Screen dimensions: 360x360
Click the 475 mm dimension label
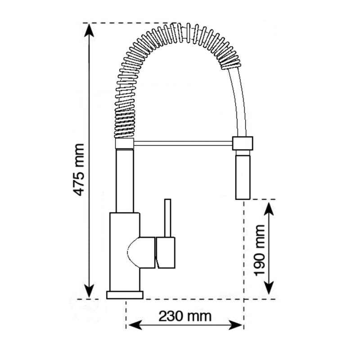point(78,170)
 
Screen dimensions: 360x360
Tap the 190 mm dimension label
point(259,251)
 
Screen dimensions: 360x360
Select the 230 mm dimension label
point(185,316)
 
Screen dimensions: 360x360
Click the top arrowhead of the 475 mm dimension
point(89,30)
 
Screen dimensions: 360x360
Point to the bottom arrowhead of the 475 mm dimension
point(89,291)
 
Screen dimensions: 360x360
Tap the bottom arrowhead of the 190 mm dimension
point(269,288)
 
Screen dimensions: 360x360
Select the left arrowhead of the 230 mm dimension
point(135,325)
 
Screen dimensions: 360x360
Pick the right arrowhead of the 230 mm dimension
point(235,325)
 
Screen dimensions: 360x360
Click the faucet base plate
point(125,295)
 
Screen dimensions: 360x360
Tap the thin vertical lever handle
point(168,218)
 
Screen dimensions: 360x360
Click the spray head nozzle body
point(243,177)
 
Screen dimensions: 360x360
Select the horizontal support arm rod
point(183,144)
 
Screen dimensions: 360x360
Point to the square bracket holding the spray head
point(243,144)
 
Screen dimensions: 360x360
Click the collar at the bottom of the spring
point(125,144)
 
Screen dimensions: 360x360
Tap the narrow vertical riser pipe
point(125,181)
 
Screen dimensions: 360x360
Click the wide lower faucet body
point(125,252)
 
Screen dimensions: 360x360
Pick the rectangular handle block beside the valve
point(165,252)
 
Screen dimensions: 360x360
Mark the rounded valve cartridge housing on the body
point(141,252)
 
